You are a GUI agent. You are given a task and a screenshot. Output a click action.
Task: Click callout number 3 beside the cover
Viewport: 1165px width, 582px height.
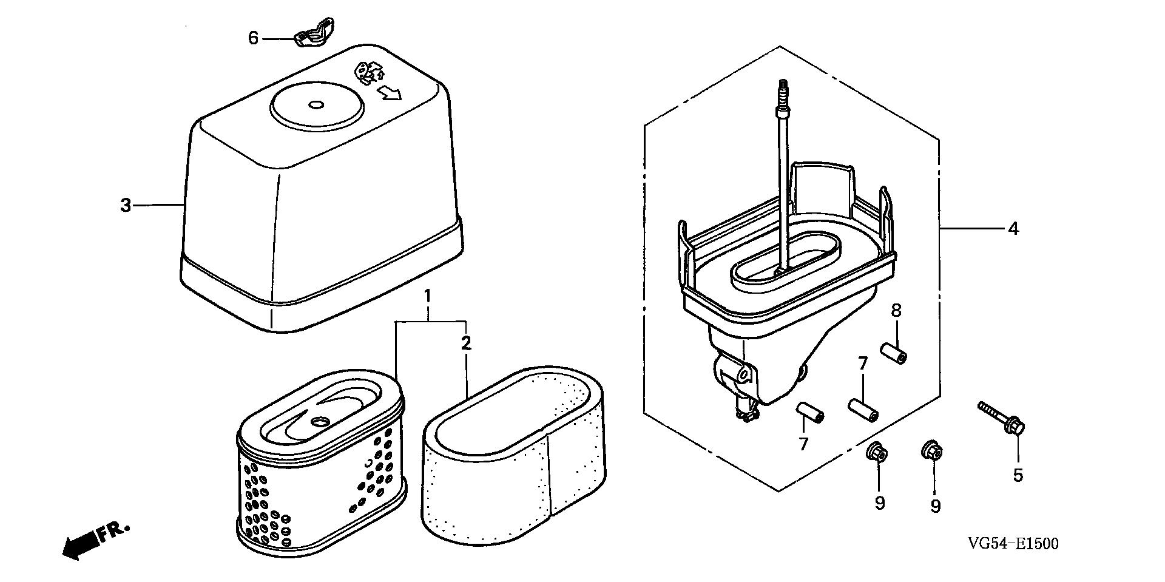126,206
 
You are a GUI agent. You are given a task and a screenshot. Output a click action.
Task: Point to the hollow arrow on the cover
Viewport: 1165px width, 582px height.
389,93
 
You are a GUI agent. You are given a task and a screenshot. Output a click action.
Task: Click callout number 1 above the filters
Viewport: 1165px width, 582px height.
427,297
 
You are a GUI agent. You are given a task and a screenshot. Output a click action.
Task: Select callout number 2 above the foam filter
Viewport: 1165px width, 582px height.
465,343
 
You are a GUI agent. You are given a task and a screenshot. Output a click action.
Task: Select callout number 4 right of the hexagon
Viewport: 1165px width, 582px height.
1013,229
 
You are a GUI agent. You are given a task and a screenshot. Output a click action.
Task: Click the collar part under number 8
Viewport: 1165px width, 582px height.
893,353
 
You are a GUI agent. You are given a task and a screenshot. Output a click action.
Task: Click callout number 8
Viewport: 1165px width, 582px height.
896,311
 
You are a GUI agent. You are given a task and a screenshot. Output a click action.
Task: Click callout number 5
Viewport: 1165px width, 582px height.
1018,475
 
